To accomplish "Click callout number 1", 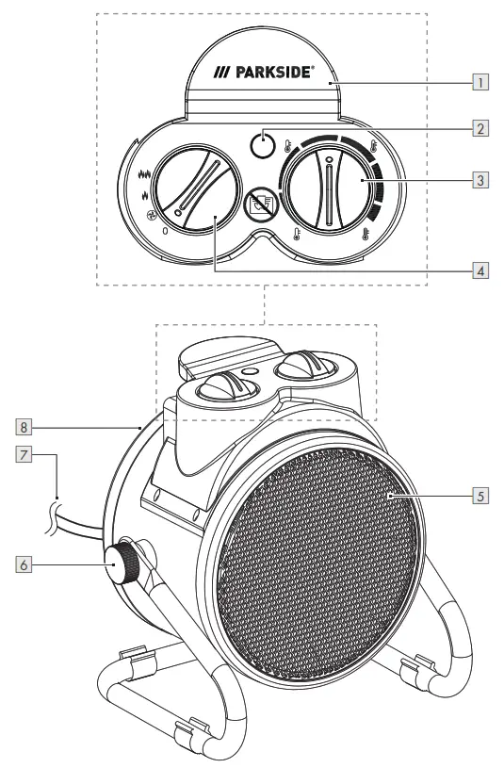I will click(x=480, y=82).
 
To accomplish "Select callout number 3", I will click(x=480, y=178).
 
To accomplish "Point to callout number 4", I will click(x=480, y=269).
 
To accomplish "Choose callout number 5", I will click(x=480, y=494).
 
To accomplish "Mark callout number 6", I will click(x=24, y=565).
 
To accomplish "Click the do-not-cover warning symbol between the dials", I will click(x=258, y=204).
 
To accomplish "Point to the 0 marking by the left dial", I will click(x=166, y=229).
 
